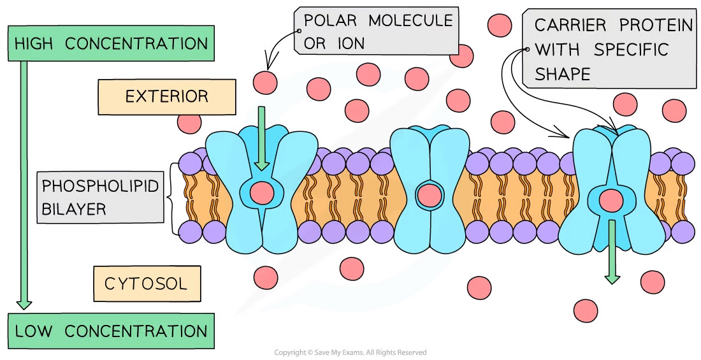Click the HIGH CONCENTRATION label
111,44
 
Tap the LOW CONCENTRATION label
111,331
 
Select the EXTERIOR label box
166,97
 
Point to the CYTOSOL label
146,284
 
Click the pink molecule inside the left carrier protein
261,192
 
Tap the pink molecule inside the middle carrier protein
428,194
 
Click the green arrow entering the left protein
262,140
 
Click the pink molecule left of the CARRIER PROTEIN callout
500,25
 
